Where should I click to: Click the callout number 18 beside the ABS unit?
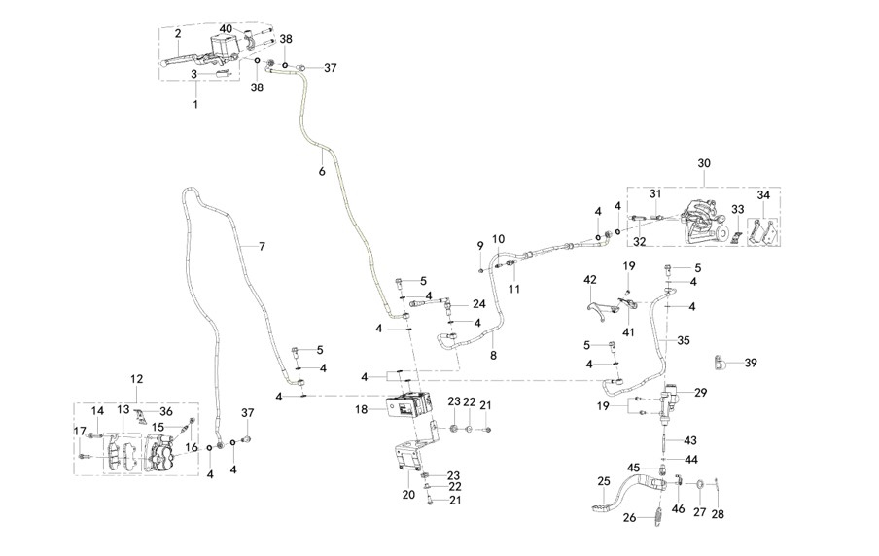click(x=362, y=410)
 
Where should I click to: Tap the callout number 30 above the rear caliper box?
click(x=704, y=163)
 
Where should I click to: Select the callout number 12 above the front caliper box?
click(x=137, y=379)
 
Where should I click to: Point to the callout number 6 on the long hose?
click(x=322, y=171)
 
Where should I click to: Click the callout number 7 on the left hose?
click(x=262, y=246)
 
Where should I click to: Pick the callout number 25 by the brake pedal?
click(x=604, y=481)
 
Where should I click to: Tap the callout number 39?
click(x=751, y=363)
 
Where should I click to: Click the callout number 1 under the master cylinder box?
click(x=195, y=104)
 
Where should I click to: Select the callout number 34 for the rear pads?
click(x=763, y=195)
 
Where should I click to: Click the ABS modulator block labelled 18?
click(x=409, y=404)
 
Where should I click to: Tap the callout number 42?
click(x=590, y=280)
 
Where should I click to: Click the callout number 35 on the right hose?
click(x=684, y=341)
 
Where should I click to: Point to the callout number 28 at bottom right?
click(x=718, y=514)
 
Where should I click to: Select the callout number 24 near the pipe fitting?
click(x=478, y=304)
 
